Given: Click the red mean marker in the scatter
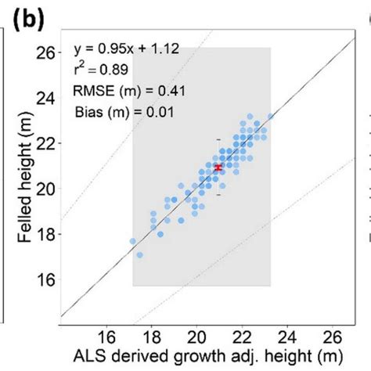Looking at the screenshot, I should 218,167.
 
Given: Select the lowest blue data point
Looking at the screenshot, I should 139,254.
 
